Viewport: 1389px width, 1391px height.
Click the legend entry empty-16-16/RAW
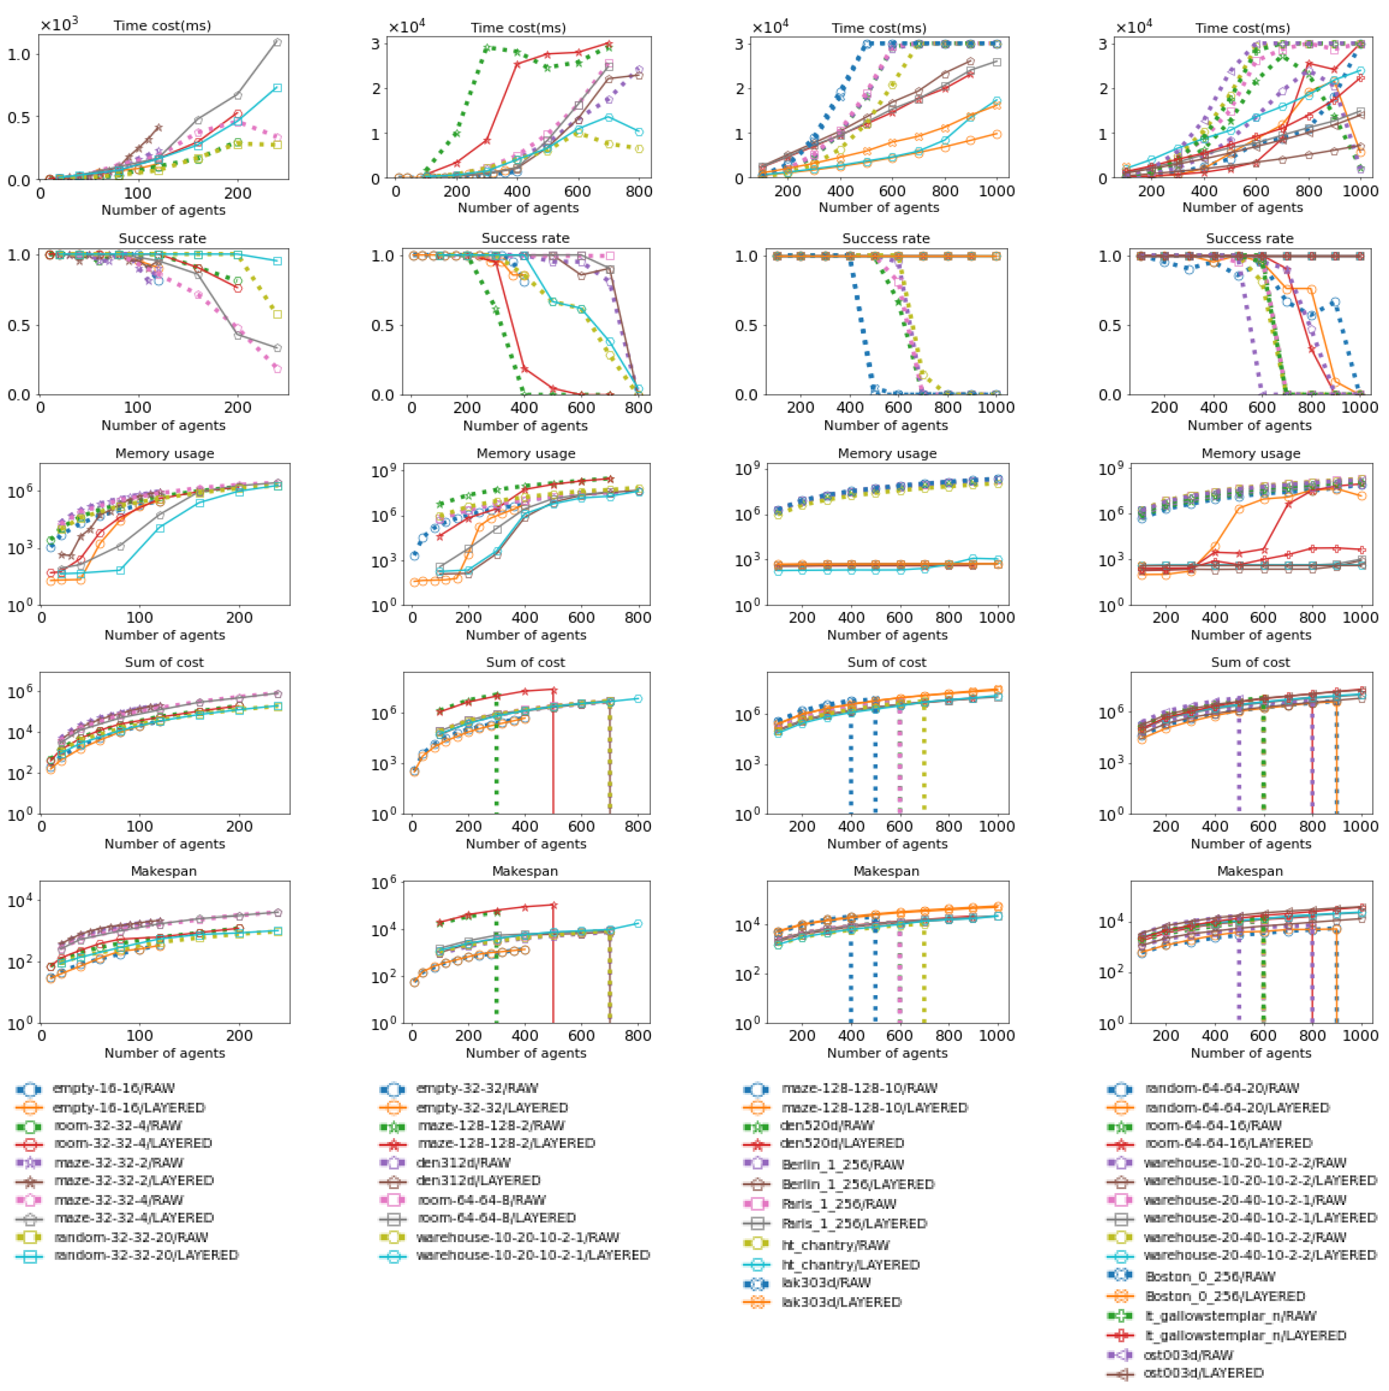tap(113, 1088)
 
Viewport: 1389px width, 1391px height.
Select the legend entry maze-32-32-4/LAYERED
tap(133, 1218)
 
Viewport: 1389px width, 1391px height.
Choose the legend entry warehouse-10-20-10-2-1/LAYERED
tap(532, 1255)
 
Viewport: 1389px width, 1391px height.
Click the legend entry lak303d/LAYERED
tap(841, 1302)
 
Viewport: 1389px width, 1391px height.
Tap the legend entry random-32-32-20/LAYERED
tap(145, 1255)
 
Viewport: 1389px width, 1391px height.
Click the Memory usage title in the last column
tap(1250, 454)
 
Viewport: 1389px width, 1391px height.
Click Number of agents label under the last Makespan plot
tap(1250, 1053)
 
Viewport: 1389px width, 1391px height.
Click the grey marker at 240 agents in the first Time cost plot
tap(278, 42)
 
